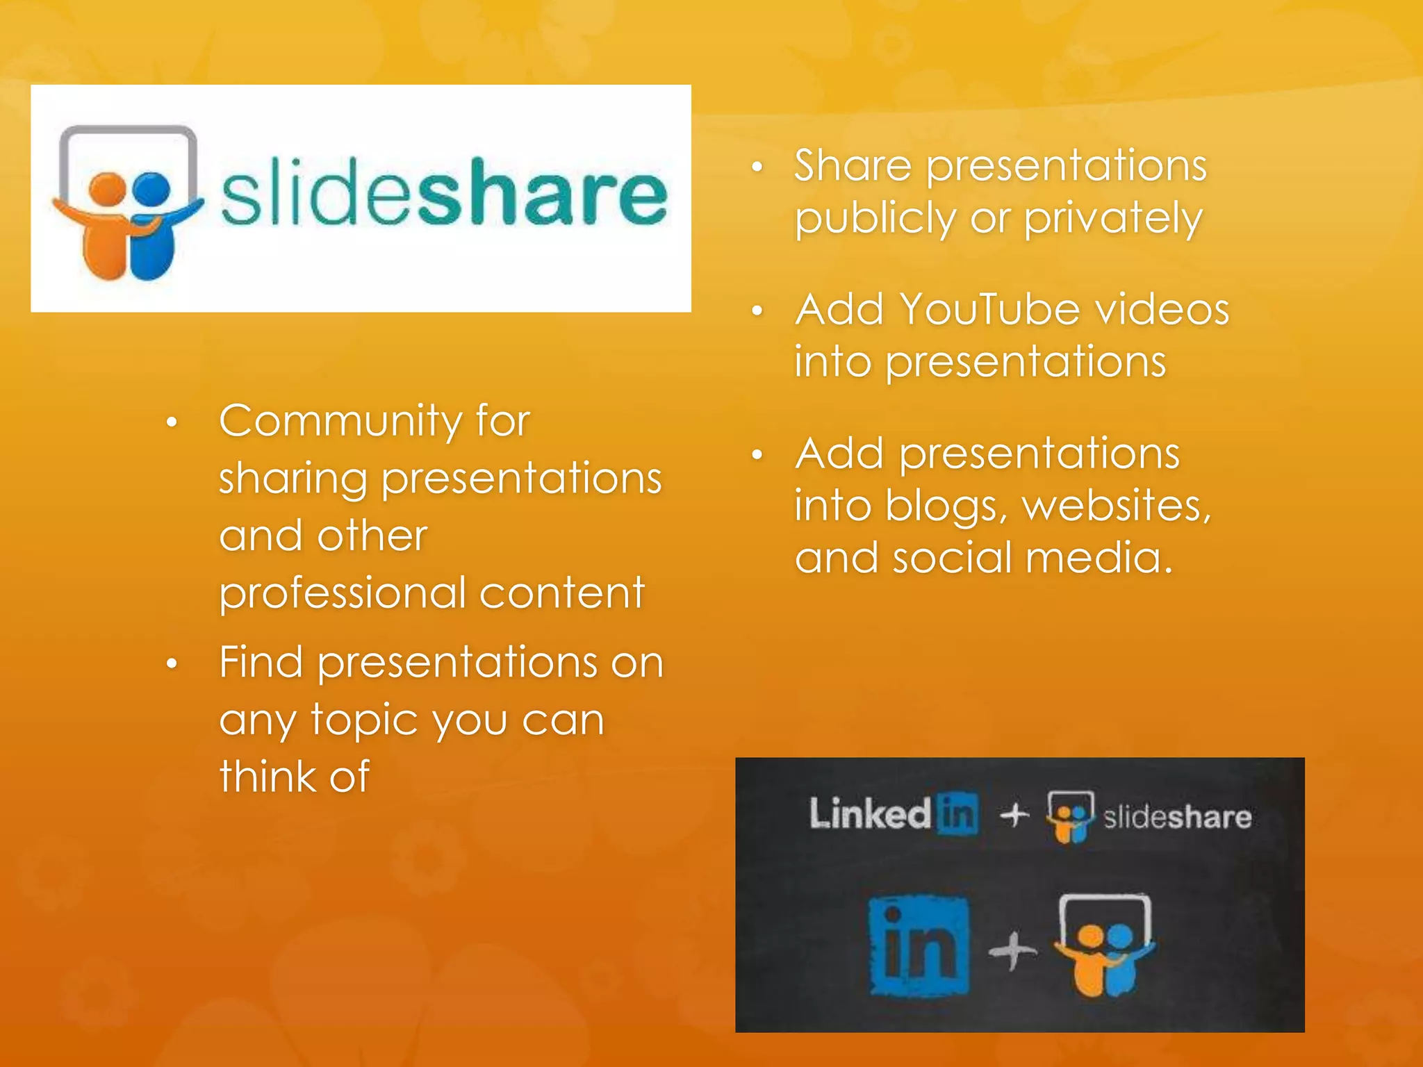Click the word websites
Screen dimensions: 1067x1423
(1117, 506)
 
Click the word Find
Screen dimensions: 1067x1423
(261, 662)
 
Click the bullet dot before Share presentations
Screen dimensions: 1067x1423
(757, 167)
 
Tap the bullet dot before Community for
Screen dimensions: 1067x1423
(172, 422)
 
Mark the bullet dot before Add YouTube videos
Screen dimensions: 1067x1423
(757, 311)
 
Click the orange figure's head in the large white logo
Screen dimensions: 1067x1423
(108, 188)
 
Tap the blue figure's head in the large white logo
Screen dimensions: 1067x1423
(152, 188)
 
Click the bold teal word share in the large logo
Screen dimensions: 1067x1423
(541, 193)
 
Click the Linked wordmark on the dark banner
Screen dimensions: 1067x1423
(870, 813)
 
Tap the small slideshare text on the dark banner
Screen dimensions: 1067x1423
(1177, 818)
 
